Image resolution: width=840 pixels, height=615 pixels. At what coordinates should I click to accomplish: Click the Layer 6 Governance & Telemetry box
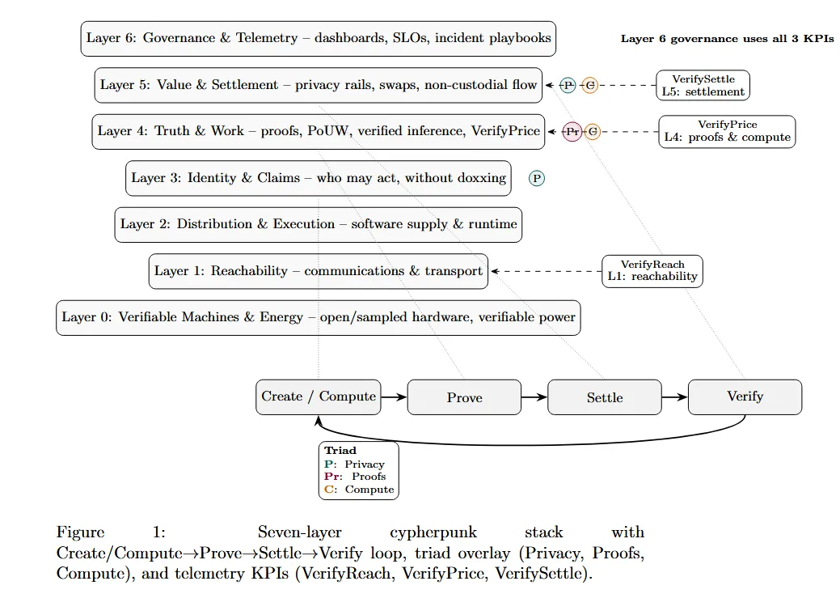click(x=319, y=38)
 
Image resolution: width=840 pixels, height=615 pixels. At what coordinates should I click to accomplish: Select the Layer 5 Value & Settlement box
click(x=319, y=85)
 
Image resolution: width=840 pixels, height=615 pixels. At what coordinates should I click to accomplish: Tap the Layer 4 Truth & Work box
click(x=318, y=131)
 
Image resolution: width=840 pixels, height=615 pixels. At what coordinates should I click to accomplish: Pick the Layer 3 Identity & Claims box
click(x=319, y=178)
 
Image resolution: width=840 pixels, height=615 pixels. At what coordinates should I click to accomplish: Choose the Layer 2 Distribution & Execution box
click(x=319, y=224)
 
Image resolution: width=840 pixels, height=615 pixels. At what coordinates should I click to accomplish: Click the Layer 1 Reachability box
click(x=319, y=271)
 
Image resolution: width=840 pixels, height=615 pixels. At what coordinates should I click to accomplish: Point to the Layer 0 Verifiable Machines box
click(x=319, y=317)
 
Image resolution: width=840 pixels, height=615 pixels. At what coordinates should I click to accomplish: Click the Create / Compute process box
click(x=319, y=397)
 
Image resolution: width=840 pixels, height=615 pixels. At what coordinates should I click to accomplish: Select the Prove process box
click(x=464, y=397)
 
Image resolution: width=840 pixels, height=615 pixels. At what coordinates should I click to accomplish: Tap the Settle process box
click(x=605, y=397)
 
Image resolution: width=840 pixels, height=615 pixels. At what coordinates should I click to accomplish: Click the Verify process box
click(x=745, y=397)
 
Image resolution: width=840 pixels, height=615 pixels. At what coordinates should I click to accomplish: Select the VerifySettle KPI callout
click(x=703, y=85)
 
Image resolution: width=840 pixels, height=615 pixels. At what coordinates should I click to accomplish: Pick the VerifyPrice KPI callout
click(x=727, y=131)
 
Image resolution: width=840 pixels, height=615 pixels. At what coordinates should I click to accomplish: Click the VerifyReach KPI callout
click(x=652, y=270)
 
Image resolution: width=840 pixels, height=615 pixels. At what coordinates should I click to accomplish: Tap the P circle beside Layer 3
click(x=537, y=178)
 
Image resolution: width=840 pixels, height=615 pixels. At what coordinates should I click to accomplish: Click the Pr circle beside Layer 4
click(x=572, y=131)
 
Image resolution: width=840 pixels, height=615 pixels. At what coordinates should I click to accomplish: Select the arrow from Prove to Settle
click(x=534, y=397)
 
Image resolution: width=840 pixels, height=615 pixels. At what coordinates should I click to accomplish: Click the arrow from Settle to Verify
click(x=674, y=397)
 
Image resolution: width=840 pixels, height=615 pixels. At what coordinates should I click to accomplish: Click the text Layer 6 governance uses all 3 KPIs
click(x=727, y=39)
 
